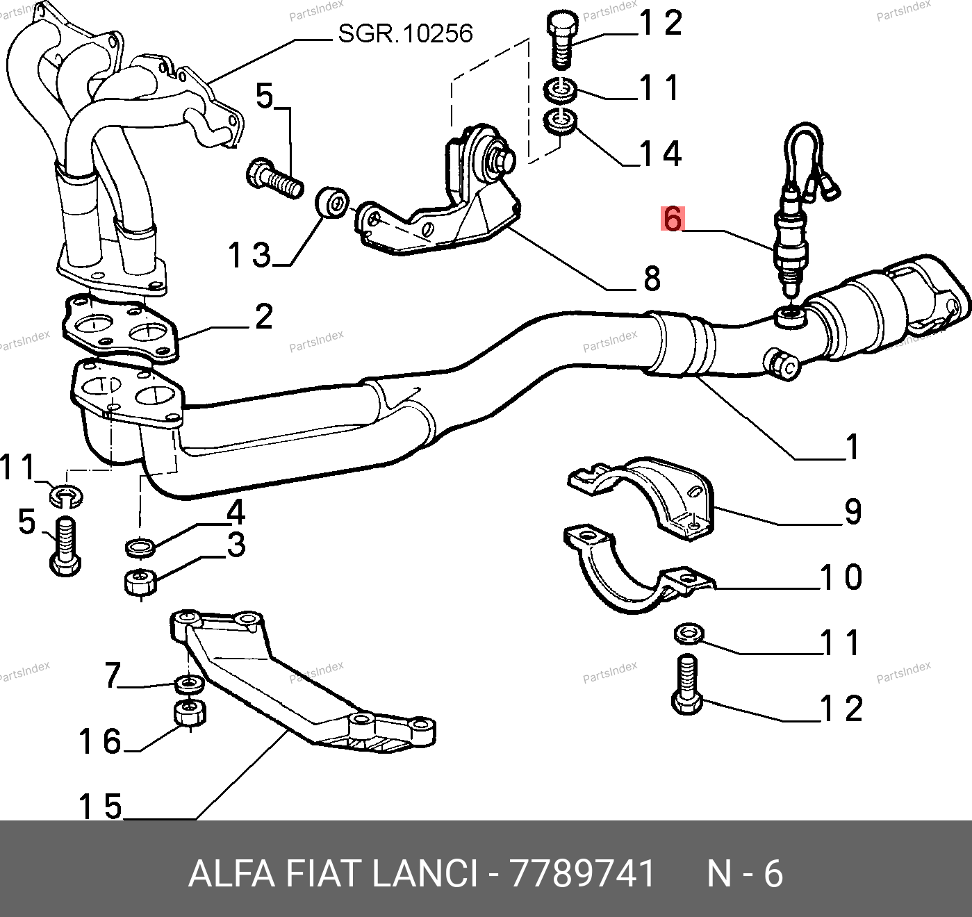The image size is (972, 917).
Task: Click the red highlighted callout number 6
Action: (x=673, y=218)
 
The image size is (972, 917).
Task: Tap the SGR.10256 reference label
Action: (x=405, y=34)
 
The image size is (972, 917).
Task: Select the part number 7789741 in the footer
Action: (x=582, y=873)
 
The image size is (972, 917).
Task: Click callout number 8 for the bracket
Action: (x=652, y=279)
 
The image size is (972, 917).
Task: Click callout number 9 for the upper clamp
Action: (x=853, y=512)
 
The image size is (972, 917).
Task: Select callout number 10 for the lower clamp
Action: (x=841, y=577)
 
